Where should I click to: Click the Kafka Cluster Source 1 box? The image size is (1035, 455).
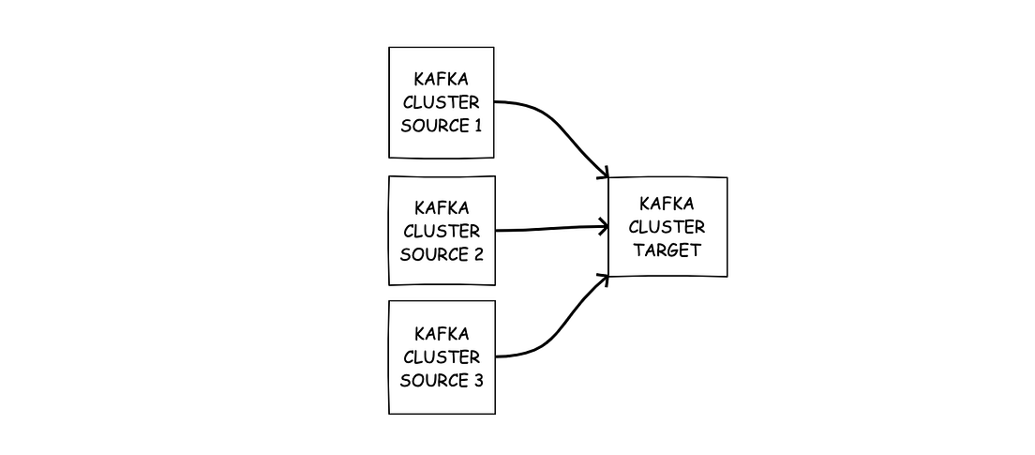(442, 102)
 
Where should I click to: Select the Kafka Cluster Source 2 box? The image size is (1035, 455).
(442, 230)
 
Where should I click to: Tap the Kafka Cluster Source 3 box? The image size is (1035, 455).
(442, 356)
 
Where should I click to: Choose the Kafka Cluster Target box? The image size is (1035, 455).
(667, 227)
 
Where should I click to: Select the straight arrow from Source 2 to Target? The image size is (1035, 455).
(548, 228)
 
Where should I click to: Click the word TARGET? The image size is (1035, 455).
(667, 250)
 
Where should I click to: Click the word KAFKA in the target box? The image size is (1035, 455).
(667, 204)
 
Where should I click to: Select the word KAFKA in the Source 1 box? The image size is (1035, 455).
(442, 80)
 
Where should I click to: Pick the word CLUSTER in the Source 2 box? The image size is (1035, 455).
(442, 231)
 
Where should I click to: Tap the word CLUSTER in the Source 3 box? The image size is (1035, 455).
(442, 357)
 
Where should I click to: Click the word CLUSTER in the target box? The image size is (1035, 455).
(667, 227)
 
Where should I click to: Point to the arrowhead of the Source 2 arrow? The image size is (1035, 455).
(603, 225)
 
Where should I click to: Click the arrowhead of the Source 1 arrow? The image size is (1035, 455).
(603, 173)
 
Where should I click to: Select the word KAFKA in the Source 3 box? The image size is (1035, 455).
(442, 334)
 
